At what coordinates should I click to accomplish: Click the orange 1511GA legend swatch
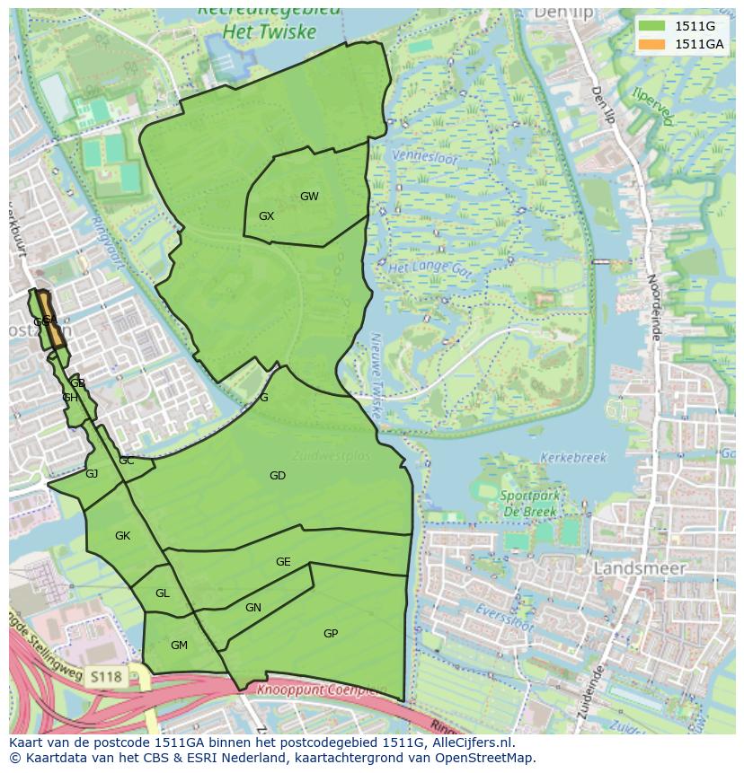tap(652, 44)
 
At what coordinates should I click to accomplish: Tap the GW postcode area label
tap(309, 197)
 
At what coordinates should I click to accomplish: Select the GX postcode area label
tap(266, 216)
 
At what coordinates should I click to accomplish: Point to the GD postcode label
tap(278, 476)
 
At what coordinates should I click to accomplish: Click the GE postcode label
tap(283, 562)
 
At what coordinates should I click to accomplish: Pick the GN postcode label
tap(253, 608)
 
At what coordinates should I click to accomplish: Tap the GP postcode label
tap(331, 634)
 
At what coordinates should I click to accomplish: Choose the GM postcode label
tap(179, 646)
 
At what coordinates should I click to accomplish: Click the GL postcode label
tap(162, 593)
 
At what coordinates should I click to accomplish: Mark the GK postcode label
tap(122, 536)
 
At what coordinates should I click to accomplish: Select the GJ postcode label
tap(92, 474)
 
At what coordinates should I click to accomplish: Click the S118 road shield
tap(105, 675)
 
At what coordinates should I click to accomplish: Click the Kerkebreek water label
tap(573, 457)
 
